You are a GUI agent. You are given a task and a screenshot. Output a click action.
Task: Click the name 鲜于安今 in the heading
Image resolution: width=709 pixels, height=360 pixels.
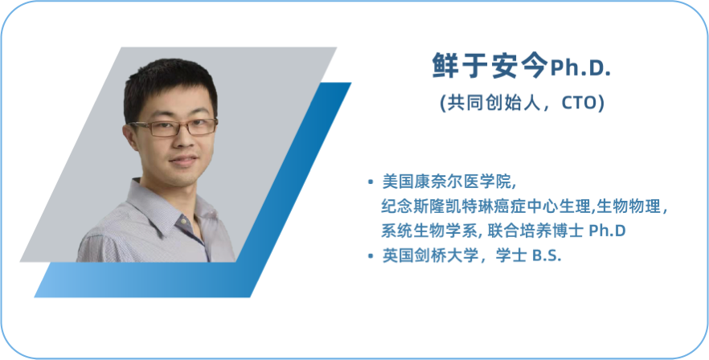coord(490,66)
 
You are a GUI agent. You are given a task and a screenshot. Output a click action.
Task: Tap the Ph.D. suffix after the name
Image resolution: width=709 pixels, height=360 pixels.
coord(580,68)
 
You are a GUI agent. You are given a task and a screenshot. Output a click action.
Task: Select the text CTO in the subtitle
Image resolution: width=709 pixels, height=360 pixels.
coord(580,104)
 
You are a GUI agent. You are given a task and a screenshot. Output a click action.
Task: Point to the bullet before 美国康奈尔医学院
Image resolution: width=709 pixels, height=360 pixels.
coord(371,182)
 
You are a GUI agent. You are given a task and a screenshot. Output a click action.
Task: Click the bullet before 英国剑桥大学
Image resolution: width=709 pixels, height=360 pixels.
coord(371,256)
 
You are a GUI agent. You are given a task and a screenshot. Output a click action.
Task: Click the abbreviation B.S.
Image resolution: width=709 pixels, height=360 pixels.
coord(547,256)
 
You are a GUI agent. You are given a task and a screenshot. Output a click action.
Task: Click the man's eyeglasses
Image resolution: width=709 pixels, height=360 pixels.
coord(174,128)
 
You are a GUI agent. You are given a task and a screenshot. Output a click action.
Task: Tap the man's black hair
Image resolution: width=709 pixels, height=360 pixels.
coord(170,86)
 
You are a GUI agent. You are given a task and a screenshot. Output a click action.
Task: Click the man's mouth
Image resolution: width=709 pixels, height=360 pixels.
coord(184,161)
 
